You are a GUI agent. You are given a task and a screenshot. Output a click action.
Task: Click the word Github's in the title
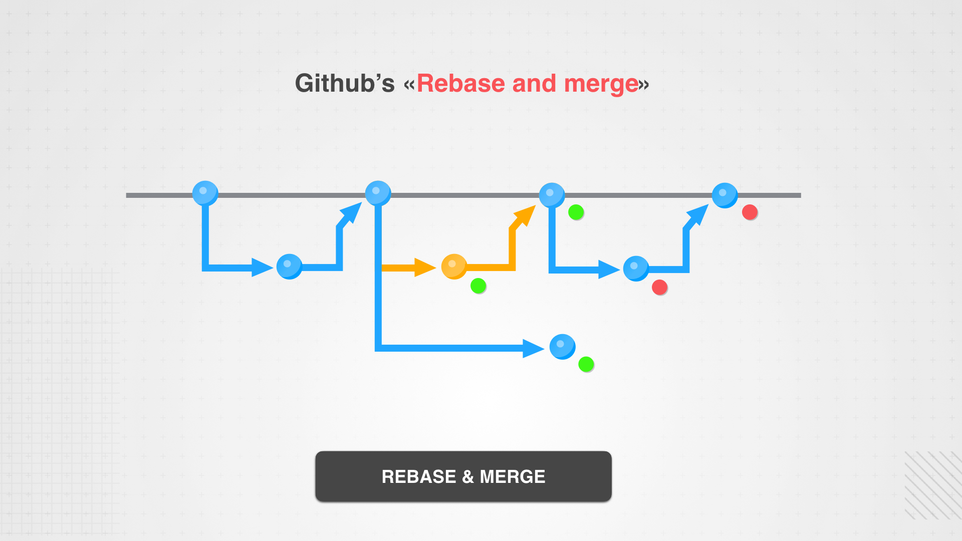345,83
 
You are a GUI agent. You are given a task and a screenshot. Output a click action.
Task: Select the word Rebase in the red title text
460,83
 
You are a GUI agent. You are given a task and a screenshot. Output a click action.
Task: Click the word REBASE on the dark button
419,476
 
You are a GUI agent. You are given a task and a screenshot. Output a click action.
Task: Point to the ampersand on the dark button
468,477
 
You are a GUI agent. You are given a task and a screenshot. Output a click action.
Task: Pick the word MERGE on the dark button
513,476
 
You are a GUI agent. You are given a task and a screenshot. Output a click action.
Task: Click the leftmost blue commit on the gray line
205,193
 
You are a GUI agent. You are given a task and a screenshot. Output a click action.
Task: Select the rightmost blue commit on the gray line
725,195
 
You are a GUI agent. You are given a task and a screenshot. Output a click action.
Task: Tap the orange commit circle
454,266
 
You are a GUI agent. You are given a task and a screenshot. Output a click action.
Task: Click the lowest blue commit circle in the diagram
562,347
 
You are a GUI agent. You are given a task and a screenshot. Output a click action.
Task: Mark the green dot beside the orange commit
478,286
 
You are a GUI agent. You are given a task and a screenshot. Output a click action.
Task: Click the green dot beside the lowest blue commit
586,364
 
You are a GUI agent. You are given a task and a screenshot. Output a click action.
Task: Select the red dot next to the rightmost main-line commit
750,212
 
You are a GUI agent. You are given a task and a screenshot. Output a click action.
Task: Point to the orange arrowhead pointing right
424,267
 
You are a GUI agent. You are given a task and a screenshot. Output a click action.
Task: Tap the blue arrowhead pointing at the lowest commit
533,348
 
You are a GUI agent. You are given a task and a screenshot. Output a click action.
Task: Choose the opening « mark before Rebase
409,85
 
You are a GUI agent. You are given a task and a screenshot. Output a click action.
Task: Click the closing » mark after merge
644,85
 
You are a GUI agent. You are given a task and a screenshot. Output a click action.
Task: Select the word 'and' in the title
534,83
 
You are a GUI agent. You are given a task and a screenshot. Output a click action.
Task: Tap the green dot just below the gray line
576,212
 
